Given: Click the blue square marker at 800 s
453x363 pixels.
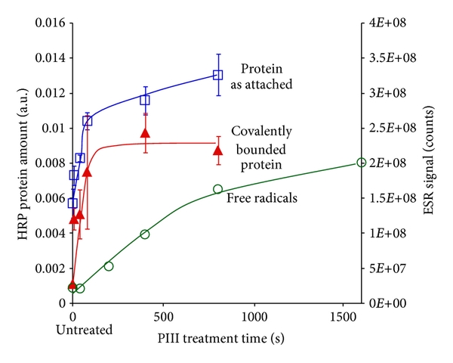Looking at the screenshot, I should point(218,75).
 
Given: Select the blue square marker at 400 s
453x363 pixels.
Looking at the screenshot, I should point(145,100).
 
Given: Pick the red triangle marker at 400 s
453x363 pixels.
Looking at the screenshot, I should point(145,134).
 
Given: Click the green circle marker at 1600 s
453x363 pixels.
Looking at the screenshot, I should point(361,163).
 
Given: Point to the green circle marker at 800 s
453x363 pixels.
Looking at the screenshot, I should point(218,189).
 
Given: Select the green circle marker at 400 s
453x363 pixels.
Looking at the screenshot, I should point(145,234).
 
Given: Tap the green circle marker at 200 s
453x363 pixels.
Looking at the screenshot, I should point(109,266).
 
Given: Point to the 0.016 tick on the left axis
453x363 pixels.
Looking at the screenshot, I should point(49,23).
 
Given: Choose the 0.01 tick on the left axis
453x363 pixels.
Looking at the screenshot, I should point(52,128).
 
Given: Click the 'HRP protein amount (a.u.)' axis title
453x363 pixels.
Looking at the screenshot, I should point(17,163).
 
